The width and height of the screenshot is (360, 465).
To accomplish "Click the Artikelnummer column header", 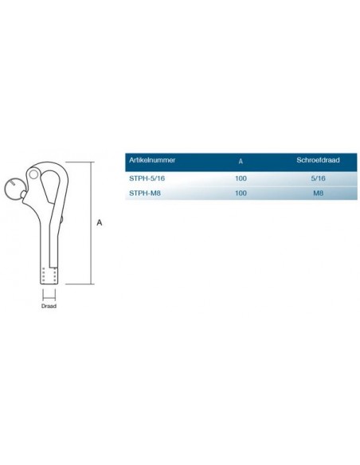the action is [x=152, y=160].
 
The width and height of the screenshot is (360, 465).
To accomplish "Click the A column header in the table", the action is [x=241, y=161].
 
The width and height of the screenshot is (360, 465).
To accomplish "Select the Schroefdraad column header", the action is [x=318, y=160].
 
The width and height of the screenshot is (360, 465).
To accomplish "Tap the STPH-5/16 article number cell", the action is [x=147, y=178].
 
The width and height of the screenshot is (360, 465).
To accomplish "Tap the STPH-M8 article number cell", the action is [x=145, y=193].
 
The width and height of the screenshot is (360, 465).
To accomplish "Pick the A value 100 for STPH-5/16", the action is [x=241, y=178].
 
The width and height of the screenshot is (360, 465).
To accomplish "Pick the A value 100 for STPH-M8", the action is [x=241, y=193].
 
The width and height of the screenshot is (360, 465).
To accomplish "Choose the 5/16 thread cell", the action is [x=319, y=178].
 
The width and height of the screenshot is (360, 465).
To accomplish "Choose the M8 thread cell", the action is [x=319, y=193].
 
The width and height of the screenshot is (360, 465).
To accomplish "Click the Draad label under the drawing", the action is [x=49, y=306].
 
